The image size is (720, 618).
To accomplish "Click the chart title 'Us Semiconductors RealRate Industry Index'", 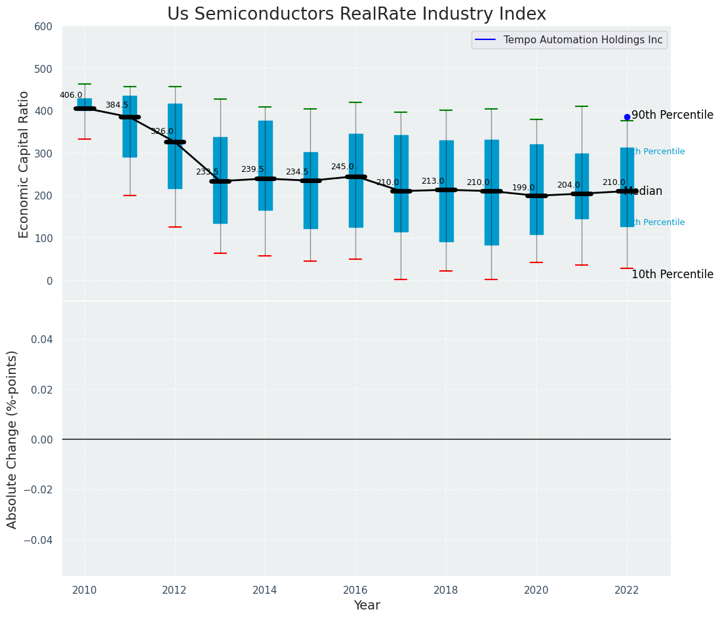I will point(356,14).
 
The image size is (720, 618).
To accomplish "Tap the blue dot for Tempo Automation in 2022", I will point(627,117).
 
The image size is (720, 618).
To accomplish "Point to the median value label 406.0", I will point(71,95).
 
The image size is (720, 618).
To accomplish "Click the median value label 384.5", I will point(117,105).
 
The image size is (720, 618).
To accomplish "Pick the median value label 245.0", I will point(342,167).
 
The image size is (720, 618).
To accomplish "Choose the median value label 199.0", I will point(523,188).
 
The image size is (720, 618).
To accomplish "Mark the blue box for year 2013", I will point(220,180).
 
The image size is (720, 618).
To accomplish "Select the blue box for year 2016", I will point(355,180).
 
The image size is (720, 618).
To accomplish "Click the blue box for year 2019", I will point(491,192).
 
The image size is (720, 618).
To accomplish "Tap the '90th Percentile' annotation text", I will point(672,115).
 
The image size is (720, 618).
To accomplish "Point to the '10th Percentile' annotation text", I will point(672,274).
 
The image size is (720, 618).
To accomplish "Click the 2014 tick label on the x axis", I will point(265,590).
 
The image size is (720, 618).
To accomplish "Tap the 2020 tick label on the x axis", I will point(536,590).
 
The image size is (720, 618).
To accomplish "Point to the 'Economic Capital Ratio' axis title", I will point(24,164).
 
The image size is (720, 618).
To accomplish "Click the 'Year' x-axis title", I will point(367,606).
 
